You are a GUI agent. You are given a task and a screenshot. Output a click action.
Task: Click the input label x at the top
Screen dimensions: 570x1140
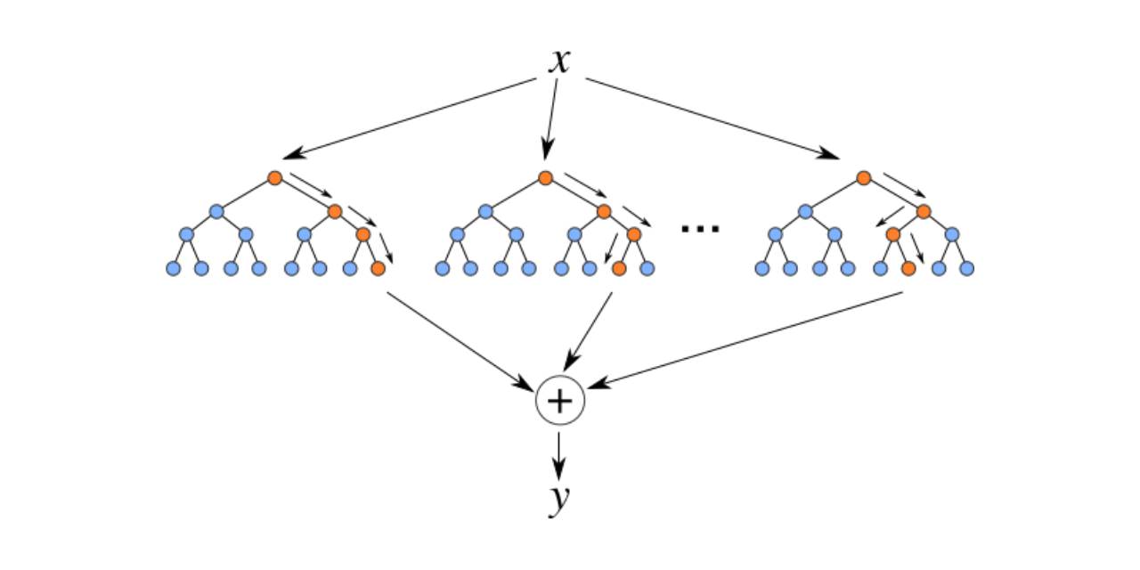pyautogui.click(x=558, y=61)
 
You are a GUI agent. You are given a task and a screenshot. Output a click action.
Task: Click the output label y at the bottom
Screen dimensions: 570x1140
pyautogui.click(x=558, y=501)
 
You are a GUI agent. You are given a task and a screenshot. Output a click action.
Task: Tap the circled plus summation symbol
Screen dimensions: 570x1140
pyautogui.click(x=559, y=402)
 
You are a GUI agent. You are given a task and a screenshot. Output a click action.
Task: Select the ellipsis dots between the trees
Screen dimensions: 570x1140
pyautogui.click(x=700, y=228)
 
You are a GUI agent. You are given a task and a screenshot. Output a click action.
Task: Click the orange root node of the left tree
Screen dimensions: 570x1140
pyautogui.click(x=275, y=178)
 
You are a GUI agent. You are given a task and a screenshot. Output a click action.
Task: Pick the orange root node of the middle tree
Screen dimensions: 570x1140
pyautogui.click(x=545, y=178)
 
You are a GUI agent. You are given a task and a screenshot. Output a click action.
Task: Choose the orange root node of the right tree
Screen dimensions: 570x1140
pyautogui.click(x=863, y=178)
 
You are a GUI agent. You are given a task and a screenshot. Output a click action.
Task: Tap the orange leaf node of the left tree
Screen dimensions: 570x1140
pyautogui.click(x=378, y=268)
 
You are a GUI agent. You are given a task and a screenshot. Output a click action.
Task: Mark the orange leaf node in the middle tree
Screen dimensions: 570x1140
pyautogui.click(x=619, y=268)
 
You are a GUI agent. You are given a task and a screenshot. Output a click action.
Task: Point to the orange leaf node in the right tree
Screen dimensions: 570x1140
pyautogui.click(x=908, y=268)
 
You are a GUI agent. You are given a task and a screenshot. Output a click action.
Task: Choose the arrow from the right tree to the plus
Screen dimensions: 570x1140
pyautogui.click(x=748, y=339)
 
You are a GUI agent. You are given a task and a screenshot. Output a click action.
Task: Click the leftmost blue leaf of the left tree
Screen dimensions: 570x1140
pyautogui.click(x=173, y=268)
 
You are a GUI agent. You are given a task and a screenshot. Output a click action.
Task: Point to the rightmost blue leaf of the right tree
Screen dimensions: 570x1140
pyautogui.click(x=967, y=268)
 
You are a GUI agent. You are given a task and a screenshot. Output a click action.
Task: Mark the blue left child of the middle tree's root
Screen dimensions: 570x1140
pyautogui.click(x=485, y=212)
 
